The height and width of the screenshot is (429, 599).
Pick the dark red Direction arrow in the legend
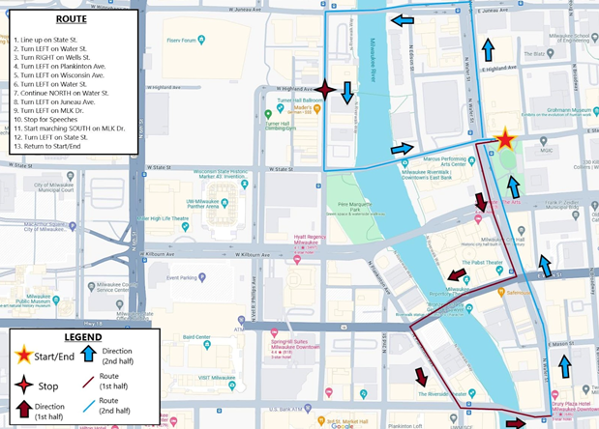pyautogui.click(x=25, y=411)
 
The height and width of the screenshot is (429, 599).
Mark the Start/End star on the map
pyautogui.click(x=504, y=140)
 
